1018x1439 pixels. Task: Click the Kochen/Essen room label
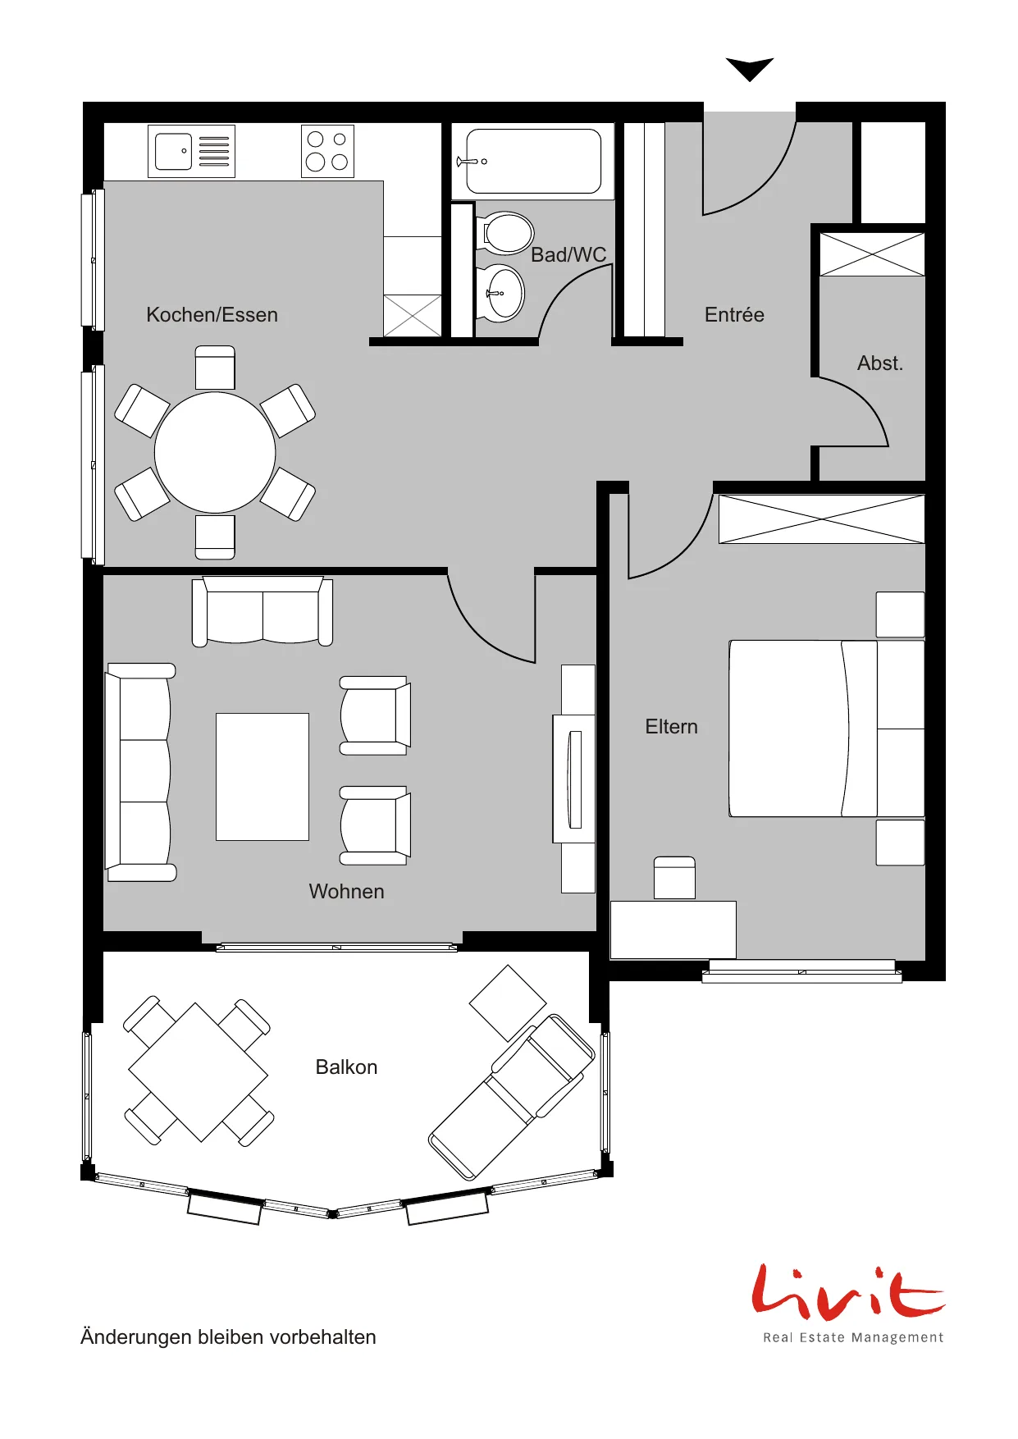point(212,315)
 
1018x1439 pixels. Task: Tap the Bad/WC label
point(568,255)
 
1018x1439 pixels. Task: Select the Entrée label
point(734,315)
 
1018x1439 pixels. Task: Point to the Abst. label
point(880,363)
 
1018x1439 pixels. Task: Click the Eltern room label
point(671,727)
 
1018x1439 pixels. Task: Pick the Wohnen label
point(346,892)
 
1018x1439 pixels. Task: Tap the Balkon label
point(346,1067)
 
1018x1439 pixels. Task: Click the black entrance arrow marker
point(750,69)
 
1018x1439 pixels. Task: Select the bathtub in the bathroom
point(533,162)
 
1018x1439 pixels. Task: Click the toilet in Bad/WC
point(504,233)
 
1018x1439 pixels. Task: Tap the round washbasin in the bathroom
point(500,293)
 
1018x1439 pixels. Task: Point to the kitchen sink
point(191,151)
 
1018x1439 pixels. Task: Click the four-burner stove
point(327,151)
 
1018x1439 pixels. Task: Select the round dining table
point(215,452)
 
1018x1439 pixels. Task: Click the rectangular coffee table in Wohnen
point(262,777)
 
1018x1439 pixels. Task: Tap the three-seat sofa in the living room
point(140,772)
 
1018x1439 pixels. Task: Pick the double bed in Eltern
point(827,729)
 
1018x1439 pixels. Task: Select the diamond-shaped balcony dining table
point(199,1072)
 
